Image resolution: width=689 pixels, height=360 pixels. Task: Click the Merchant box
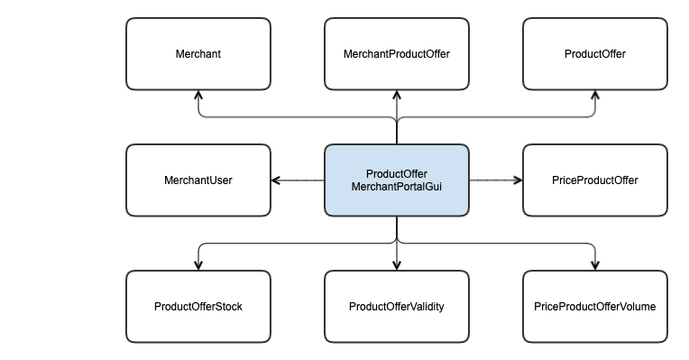(198, 54)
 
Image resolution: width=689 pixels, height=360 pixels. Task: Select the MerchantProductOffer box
(396, 54)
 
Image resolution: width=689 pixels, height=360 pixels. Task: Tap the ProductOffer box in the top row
(594, 54)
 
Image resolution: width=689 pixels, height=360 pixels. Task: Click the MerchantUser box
(198, 180)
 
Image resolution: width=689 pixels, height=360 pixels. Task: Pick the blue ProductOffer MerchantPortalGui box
(396, 180)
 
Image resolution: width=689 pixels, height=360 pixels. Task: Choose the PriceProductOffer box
(594, 180)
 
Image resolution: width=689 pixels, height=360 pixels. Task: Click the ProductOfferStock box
(198, 307)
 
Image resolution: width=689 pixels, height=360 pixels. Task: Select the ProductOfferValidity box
(396, 307)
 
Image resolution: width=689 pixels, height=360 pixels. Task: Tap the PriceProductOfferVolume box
(594, 307)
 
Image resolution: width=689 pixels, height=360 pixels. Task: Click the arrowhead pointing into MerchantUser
(276, 180)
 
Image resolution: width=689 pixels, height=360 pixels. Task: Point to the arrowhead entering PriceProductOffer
(518, 180)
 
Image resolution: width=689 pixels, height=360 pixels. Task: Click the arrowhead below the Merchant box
(198, 96)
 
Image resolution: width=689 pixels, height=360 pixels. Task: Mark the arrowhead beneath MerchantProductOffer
(397, 96)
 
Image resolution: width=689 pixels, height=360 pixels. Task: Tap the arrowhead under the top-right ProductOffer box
(595, 96)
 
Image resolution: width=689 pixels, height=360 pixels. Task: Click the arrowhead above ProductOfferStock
(198, 265)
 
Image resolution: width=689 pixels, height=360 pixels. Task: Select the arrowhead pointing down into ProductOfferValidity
(397, 265)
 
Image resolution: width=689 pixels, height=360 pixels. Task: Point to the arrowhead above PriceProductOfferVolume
(595, 265)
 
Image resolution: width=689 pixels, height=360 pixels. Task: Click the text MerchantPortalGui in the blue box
(397, 187)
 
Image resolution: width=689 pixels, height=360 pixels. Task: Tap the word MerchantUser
(198, 180)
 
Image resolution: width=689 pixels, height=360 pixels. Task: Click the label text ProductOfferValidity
(396, 307)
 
